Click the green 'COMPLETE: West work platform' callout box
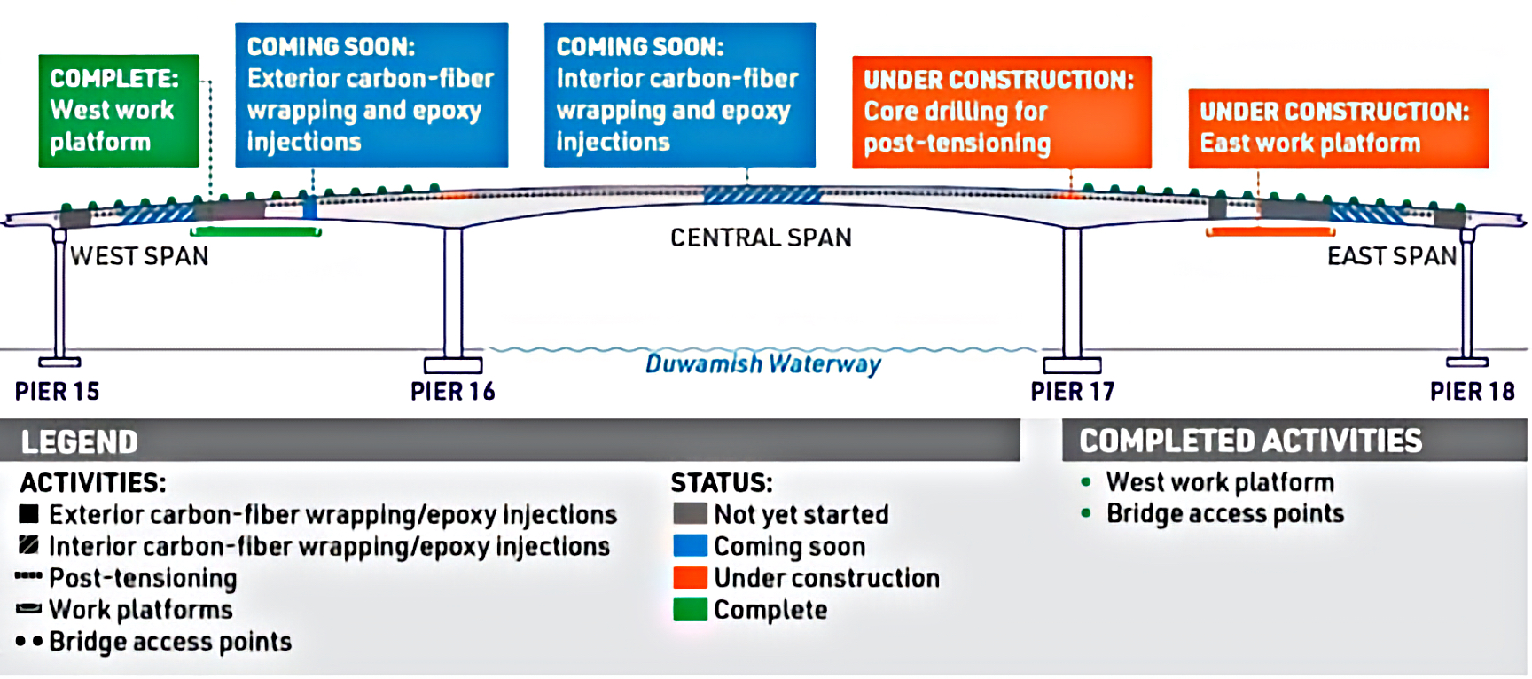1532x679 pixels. tap(119, 111)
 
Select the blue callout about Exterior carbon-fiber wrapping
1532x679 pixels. tap(371, 95)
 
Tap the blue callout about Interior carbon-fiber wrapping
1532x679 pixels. tap(679, 95)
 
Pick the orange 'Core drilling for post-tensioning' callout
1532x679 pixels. tap(1001, 112)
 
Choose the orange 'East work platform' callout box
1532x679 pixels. tap(1338, 128)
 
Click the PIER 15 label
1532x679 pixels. tap(58, 391)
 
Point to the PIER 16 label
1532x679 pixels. tap(452, 391)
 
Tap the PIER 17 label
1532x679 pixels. tap(1072, 391)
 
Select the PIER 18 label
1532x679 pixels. tap(1472, 391)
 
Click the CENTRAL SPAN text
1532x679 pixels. tap(761, 238)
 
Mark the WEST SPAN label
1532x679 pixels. tap(140, 256)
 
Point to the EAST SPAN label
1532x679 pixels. tap(1391, 256)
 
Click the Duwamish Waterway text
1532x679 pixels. tap(762, 363)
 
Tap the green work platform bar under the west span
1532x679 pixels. tap(256, 231)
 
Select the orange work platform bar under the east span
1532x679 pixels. tap(1270, 231)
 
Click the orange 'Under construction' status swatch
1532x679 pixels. tap(690, 578)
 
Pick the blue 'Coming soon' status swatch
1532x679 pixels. tap(690, 546)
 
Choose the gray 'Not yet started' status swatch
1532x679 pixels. tap(690, 514)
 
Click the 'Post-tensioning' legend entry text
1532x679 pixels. tap(143, 578)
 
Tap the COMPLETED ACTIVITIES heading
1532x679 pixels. tap(1250, 441)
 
